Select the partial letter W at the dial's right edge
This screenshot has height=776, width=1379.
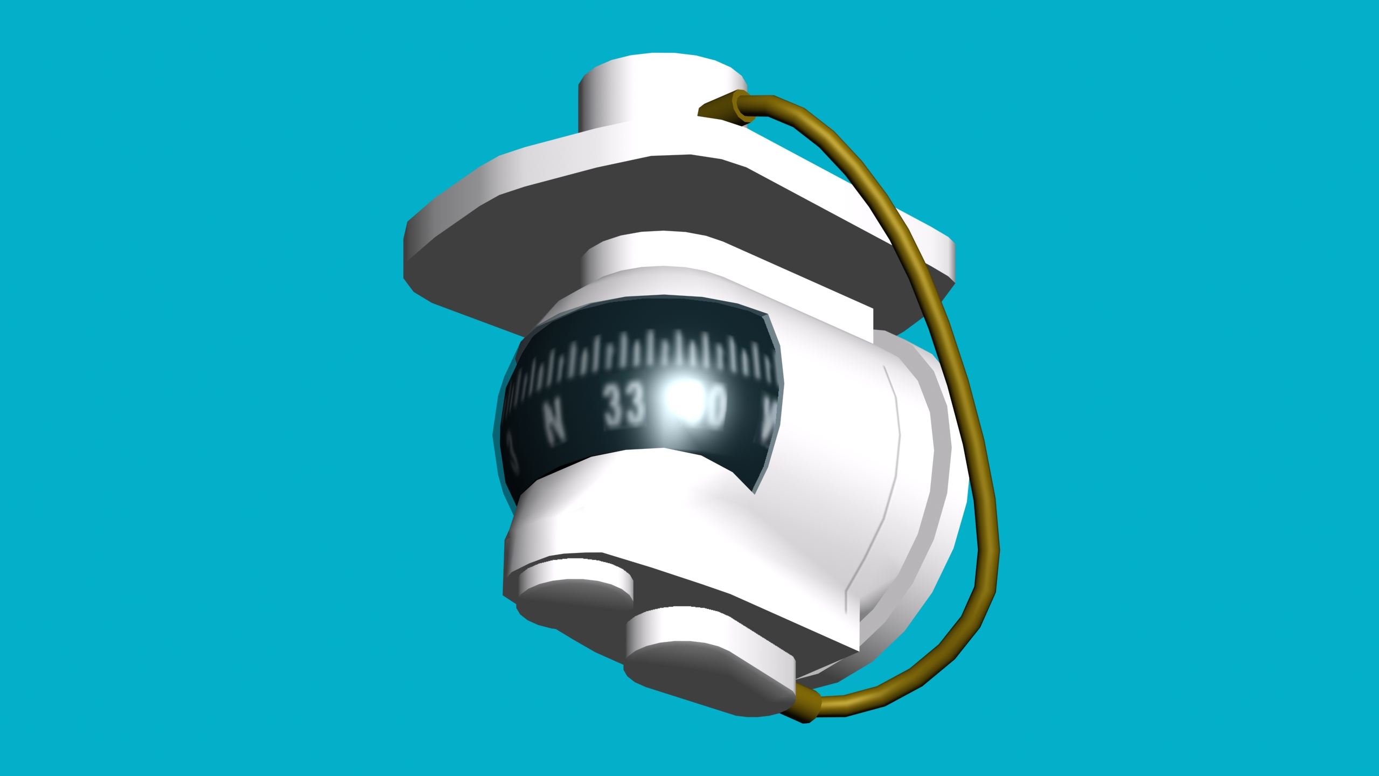pyautogui.click(x=769, y=423)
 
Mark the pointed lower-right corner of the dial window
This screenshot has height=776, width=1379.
pyautogui.click(x=754, y=490)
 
